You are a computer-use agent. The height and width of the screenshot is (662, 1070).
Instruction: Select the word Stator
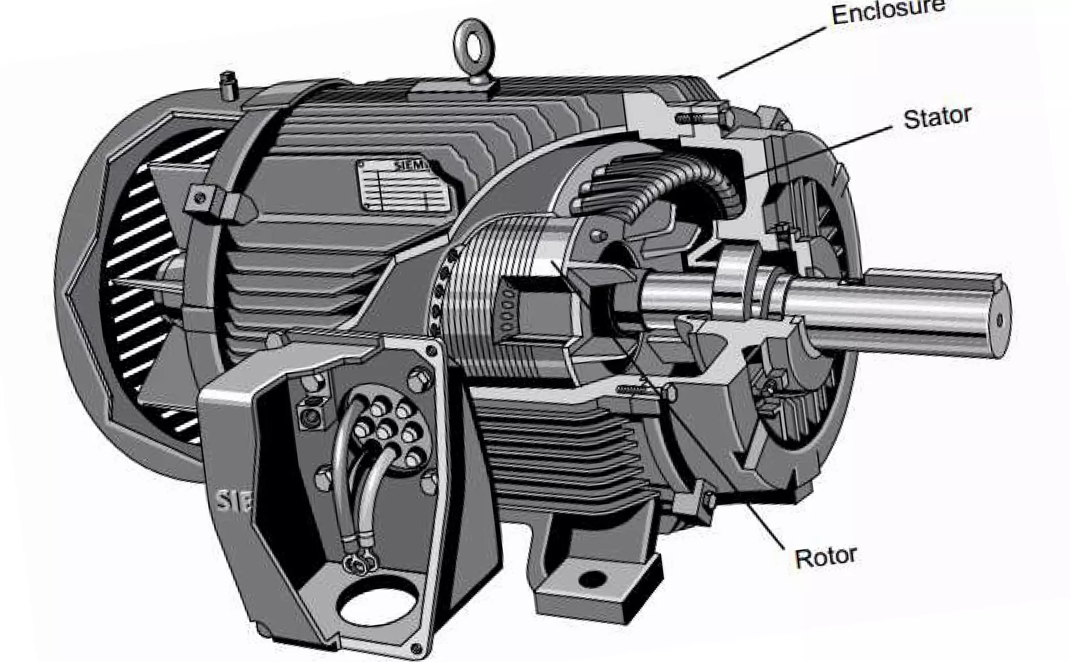click(x=937, y=118)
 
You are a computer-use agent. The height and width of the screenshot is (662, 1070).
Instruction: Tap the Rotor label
click(x=825, y=557)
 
